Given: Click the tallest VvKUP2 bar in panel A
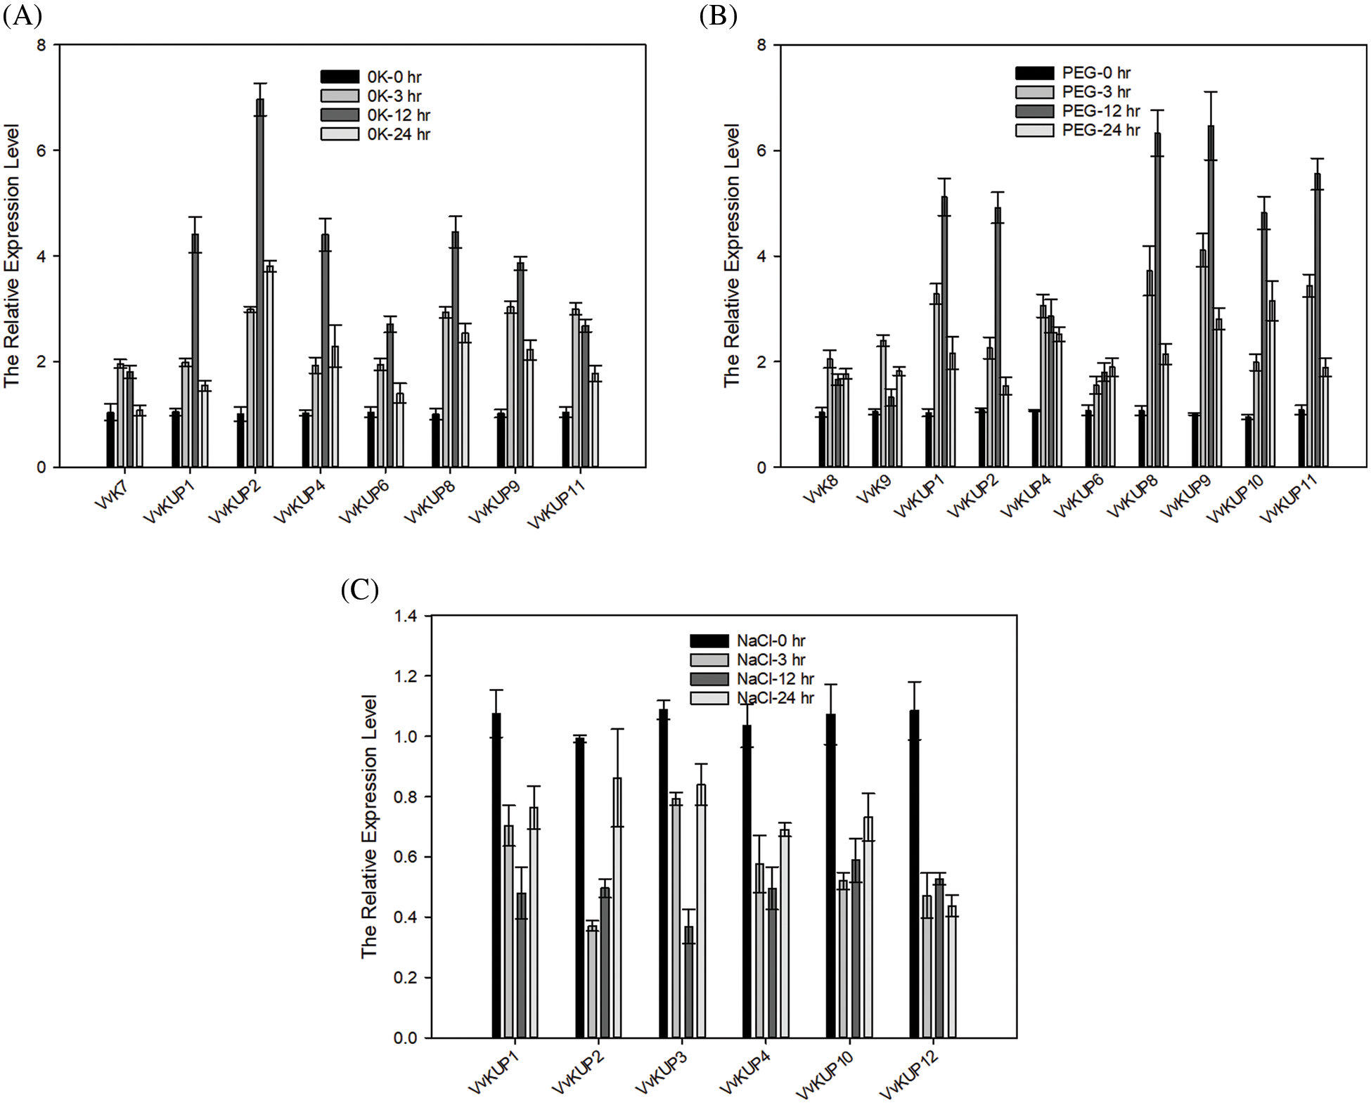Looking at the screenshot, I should tap(260, 281).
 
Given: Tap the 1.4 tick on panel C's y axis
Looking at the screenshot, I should tap(406, 617).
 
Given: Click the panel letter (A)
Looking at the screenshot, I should tap(22, 15).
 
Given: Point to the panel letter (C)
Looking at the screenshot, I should tap(359, 589).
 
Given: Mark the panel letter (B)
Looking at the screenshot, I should tap(717, 15).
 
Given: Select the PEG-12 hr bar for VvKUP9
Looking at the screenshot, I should tap(1210, 295).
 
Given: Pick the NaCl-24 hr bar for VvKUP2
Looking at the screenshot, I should tap(617, 907).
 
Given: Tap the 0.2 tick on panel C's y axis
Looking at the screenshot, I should tap(406, 978).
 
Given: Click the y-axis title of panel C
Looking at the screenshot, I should tap(370, 826).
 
